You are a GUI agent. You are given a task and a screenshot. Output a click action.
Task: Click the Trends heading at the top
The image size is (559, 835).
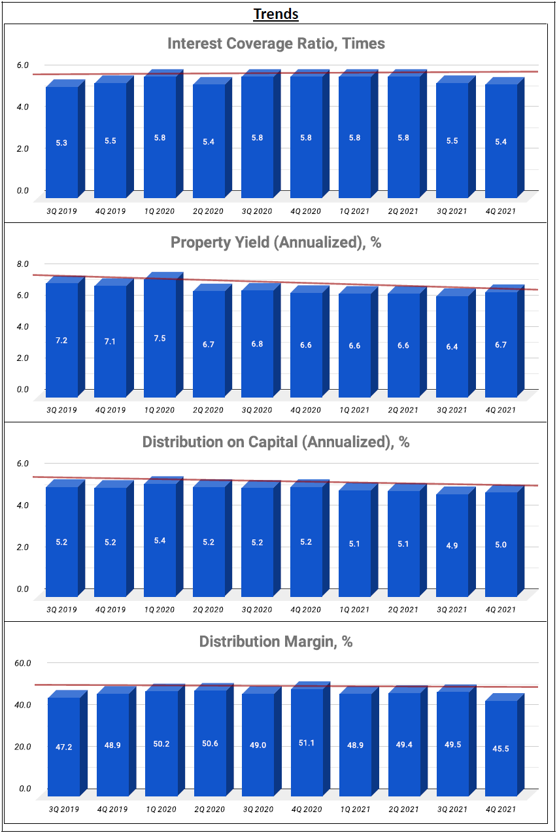(276, 14)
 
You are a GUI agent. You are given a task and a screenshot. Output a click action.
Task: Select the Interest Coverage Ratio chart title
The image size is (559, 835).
(276, 44)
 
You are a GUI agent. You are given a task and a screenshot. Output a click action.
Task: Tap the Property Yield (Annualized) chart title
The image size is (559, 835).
(276, 243)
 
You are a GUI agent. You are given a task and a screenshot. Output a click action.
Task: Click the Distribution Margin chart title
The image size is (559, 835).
(276, 641)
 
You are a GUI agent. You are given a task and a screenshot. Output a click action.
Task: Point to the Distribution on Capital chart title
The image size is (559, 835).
(276, 442)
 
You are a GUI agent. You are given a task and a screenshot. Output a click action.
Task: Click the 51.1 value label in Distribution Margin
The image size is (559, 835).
(306, 743)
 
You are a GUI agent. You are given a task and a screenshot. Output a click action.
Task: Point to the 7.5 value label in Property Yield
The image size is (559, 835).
(160, 338)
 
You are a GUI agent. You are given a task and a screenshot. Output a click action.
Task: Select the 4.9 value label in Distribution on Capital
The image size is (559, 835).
(452, 546)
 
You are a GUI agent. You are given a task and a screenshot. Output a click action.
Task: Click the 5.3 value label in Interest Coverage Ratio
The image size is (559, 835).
(61, 142)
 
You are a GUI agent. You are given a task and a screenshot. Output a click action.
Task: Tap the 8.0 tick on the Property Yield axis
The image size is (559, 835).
(23, 264)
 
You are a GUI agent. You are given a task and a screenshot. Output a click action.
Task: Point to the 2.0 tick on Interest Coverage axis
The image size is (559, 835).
(23, 149)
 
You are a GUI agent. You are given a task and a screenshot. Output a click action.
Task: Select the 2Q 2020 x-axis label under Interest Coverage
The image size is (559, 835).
(209, 211)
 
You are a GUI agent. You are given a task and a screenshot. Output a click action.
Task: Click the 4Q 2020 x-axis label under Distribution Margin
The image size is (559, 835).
(306, 809)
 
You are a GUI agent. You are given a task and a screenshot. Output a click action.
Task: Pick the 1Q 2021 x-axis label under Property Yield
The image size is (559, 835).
(354, 411)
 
